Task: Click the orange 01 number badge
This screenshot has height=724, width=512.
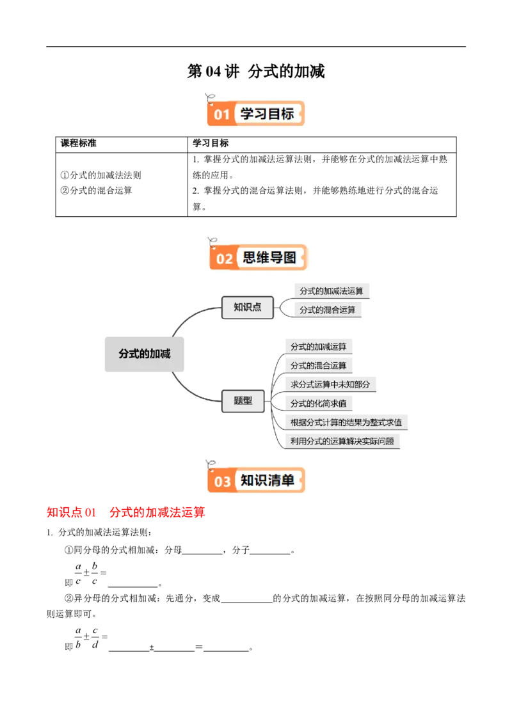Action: point(221,114)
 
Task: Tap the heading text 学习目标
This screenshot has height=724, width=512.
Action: point(267,114)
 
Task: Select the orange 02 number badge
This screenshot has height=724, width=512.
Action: point(224,258)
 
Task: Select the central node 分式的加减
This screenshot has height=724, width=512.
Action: point(145,353)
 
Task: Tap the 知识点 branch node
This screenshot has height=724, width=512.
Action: point(247,307)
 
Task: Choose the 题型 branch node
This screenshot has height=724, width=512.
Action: point(243,401)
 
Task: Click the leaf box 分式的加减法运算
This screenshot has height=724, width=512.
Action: point(332,292)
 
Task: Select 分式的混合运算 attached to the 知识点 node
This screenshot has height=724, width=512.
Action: point(327,310)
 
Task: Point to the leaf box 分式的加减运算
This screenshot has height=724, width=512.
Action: point(318,347)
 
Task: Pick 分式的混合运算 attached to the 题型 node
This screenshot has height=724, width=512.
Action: point(318,366)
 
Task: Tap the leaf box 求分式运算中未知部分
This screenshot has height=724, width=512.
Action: point(330,384)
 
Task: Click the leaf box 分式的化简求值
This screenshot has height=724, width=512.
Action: point(318,404)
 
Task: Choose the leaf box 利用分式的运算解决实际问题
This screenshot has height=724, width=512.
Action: point(342,441)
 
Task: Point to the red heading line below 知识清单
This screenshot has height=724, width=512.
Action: point(125,513)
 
